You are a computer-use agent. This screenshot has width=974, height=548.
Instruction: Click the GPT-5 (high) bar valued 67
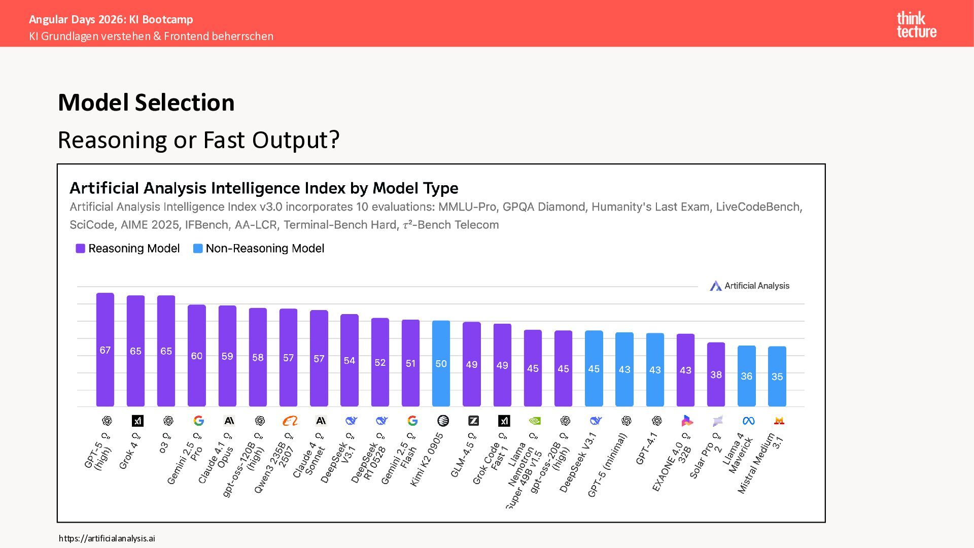point(105,350)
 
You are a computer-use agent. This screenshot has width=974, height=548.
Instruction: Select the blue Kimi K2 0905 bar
point(441,363)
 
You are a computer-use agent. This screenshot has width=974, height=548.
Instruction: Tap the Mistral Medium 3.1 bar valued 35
point(777,376)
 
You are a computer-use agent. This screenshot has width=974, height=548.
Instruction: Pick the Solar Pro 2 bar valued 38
point(716,374)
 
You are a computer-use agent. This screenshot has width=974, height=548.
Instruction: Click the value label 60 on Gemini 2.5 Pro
point(197,356)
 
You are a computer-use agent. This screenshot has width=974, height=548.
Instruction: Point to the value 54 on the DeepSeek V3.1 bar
point(350,361)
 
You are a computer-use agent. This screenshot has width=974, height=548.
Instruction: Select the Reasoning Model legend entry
point(128,249)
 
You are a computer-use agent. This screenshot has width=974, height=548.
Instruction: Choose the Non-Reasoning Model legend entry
point(259,249)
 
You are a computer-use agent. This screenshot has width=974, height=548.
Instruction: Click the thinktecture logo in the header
point(916,25)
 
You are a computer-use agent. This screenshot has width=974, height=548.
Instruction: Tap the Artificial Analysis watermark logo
point(750,286)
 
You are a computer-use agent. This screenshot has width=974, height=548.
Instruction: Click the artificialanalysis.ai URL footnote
point(107,538)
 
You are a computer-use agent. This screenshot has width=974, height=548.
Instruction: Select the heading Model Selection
point(146,102)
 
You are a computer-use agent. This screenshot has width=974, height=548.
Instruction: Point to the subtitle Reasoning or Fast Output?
point(198,140)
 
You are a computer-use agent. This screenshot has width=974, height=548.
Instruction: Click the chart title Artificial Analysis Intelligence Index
point(264,188)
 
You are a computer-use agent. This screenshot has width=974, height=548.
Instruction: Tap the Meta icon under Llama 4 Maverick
point(748,421)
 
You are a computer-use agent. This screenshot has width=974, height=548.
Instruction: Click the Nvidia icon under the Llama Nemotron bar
point(534,421)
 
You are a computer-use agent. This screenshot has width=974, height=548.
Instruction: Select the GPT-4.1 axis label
point(647,450)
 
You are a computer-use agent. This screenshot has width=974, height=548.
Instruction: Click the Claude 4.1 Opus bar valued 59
point(227,356)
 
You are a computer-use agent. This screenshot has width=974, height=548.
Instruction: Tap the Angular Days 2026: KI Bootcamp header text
point(111,19)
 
